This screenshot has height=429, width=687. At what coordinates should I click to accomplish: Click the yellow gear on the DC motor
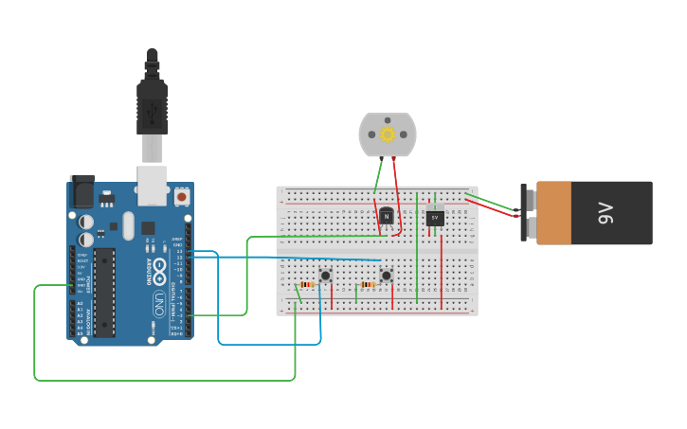tap(388, 134)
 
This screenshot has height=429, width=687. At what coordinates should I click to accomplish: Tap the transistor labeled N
tap(386, 216)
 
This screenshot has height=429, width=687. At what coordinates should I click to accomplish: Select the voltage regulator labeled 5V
tap(435, 217)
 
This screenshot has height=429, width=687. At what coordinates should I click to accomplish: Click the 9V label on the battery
tap(606, 213)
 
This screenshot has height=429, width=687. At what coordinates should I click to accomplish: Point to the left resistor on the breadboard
tap(307, 285)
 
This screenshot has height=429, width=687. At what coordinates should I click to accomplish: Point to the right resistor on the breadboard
tap(368, 285)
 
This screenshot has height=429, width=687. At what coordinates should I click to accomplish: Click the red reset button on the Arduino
tap(181, 197)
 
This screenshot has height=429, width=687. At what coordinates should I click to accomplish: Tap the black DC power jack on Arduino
tap(82, 192)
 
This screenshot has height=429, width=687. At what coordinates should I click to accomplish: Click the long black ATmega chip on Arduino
tap(104, 292)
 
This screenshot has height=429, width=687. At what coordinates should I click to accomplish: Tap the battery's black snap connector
tap(528, 213)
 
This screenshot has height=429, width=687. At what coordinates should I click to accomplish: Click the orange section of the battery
tap(554, 213)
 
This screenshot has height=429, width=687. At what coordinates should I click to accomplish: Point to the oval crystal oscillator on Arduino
tap(128, 225)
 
